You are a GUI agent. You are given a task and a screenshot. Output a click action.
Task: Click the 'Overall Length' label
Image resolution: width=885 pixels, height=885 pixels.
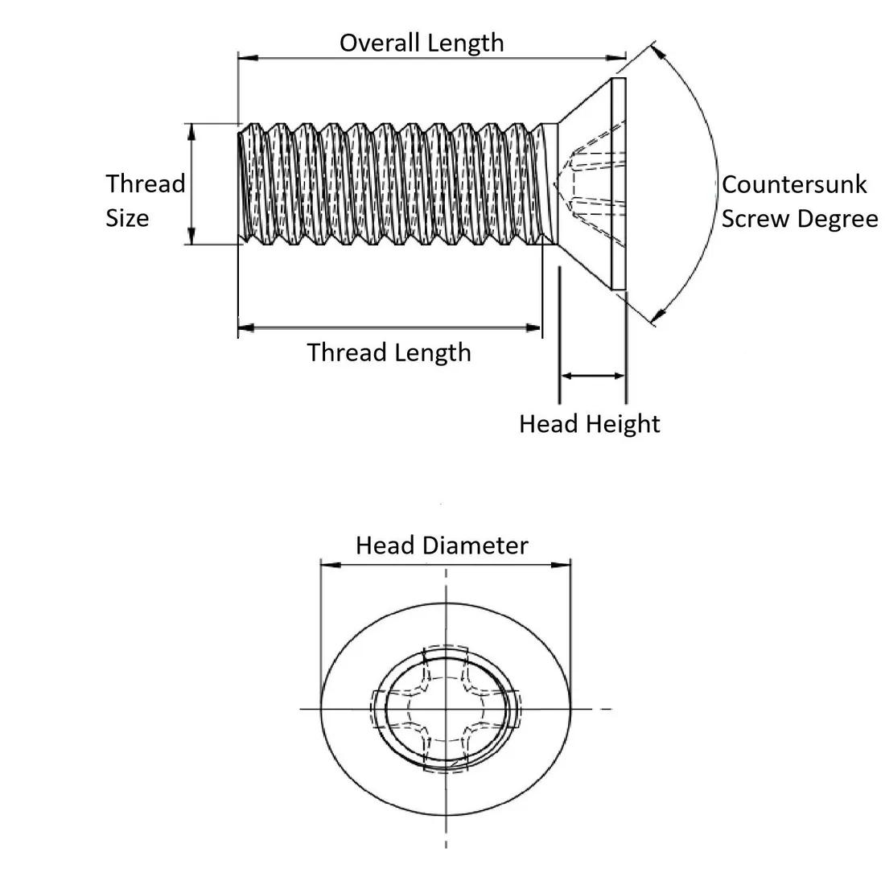[x=421, y=43]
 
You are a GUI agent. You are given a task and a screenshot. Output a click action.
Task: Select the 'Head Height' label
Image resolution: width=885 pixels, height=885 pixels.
[x=589, y=424]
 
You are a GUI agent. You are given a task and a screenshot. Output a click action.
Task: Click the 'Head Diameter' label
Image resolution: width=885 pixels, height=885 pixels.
[x=442, y=545]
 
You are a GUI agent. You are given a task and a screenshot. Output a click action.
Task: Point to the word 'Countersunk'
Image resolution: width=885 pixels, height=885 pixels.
[x=794, y=184]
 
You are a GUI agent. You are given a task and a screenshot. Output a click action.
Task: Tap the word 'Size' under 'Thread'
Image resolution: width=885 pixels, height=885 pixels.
[x=127, y=219]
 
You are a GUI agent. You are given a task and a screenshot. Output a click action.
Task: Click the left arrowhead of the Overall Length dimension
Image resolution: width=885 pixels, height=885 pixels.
[x=246, y=58]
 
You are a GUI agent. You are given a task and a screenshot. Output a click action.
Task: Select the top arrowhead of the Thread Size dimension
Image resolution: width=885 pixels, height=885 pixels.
[x=191, y=131]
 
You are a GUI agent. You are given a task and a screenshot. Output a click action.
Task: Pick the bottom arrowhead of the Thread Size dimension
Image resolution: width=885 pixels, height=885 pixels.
[x=191, y=237]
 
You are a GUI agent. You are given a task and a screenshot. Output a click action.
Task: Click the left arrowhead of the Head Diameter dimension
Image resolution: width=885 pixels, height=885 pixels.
[x=329, y=564]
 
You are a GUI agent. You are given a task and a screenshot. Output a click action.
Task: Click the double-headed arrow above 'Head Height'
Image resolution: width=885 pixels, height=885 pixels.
[x=593, y=375]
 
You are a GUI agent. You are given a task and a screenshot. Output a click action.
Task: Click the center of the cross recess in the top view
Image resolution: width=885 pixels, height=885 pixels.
[x=446, y=709]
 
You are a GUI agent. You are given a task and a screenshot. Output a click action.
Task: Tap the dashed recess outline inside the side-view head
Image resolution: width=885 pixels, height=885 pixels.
[x=591, y=184]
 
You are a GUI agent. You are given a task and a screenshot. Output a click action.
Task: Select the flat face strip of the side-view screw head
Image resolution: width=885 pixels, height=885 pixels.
[x=618, y=184]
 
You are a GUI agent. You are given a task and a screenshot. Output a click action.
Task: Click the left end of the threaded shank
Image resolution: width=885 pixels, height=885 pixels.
[x=241, y=184]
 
